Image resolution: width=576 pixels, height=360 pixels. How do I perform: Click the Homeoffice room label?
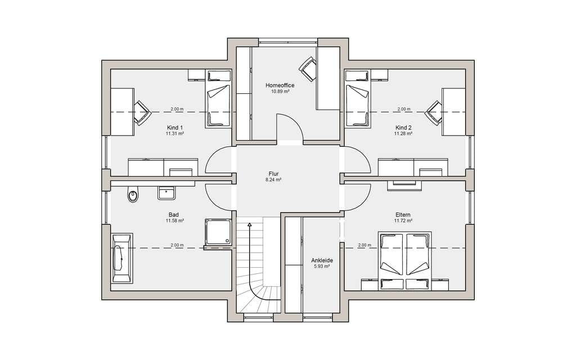(x=280, y=85)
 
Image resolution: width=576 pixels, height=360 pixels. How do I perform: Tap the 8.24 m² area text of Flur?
(x=273, y=180)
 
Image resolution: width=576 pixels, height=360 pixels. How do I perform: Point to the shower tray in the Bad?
(x=218, y=232)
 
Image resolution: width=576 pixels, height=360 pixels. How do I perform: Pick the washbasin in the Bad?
(x=167, y=193)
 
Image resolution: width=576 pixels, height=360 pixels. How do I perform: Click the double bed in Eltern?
(x=405, y=255)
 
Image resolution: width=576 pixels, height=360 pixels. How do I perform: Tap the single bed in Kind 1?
(x=218, y=99)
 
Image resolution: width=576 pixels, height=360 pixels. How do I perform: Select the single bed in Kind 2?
(x=357, y=99)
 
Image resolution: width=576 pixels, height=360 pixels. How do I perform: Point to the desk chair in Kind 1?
(x=142, y=112)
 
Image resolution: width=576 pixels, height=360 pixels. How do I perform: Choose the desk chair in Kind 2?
(x=434, y=112)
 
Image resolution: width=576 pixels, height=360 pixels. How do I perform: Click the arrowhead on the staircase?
(x=250, y=224)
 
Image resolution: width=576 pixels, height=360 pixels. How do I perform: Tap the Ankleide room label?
(x=322, y=260)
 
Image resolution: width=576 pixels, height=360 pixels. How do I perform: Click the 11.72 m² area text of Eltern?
(x=403, y=220)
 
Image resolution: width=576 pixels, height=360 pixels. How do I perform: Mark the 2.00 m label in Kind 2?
(x=404, y=109)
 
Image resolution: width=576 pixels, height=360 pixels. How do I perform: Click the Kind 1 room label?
(x=175, y=128)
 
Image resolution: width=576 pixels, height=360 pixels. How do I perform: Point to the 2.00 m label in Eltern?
(x=364, y=245)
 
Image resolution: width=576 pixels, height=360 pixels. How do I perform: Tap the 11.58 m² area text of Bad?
(x=175, y=220)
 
